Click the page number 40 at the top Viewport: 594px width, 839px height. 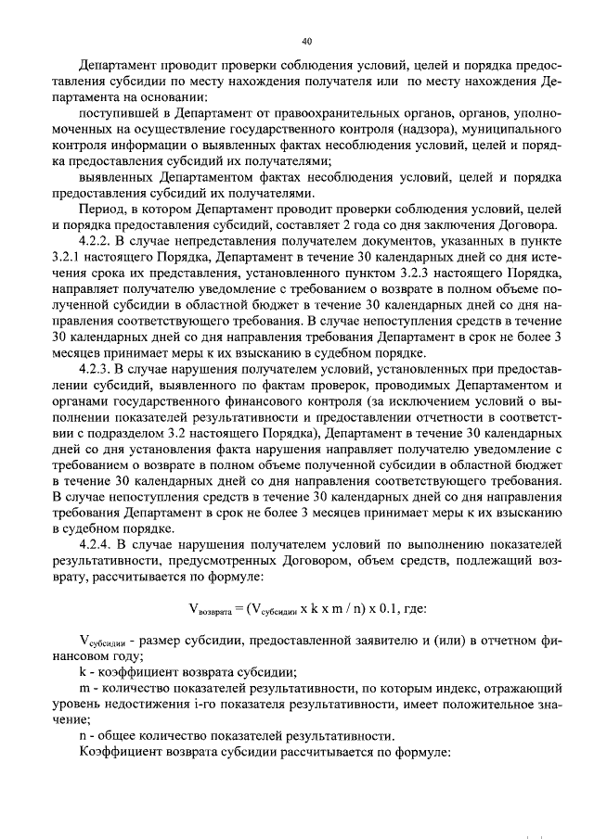[x=307, y=41]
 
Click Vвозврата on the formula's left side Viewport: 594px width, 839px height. [x=210, y=610]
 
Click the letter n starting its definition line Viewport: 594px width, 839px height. [x=83, y=735]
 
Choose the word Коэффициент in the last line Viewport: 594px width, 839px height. [x=115, y=752]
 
